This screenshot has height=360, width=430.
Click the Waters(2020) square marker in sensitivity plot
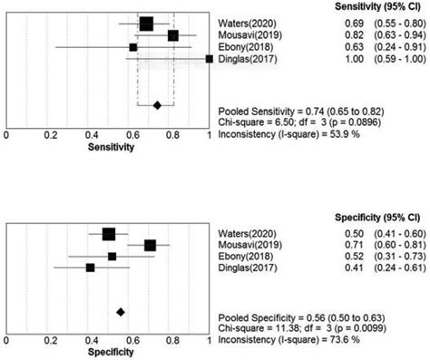click(x=146, y=24)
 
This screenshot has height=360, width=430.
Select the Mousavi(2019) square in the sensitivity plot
click(x=173, y=35)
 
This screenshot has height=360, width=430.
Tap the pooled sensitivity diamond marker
click(x=157, y=105)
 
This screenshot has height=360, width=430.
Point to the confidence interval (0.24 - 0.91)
click(x=397, y=46)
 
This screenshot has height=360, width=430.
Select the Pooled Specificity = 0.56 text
click(x=291, y=316)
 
